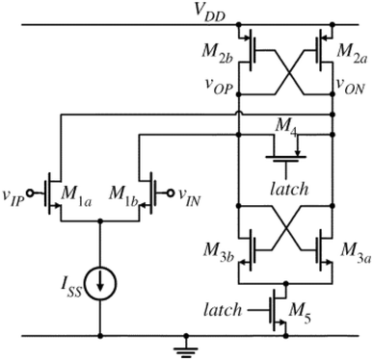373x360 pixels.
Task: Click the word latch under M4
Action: (289, 188)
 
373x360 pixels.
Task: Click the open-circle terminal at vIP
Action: (38, 188)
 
